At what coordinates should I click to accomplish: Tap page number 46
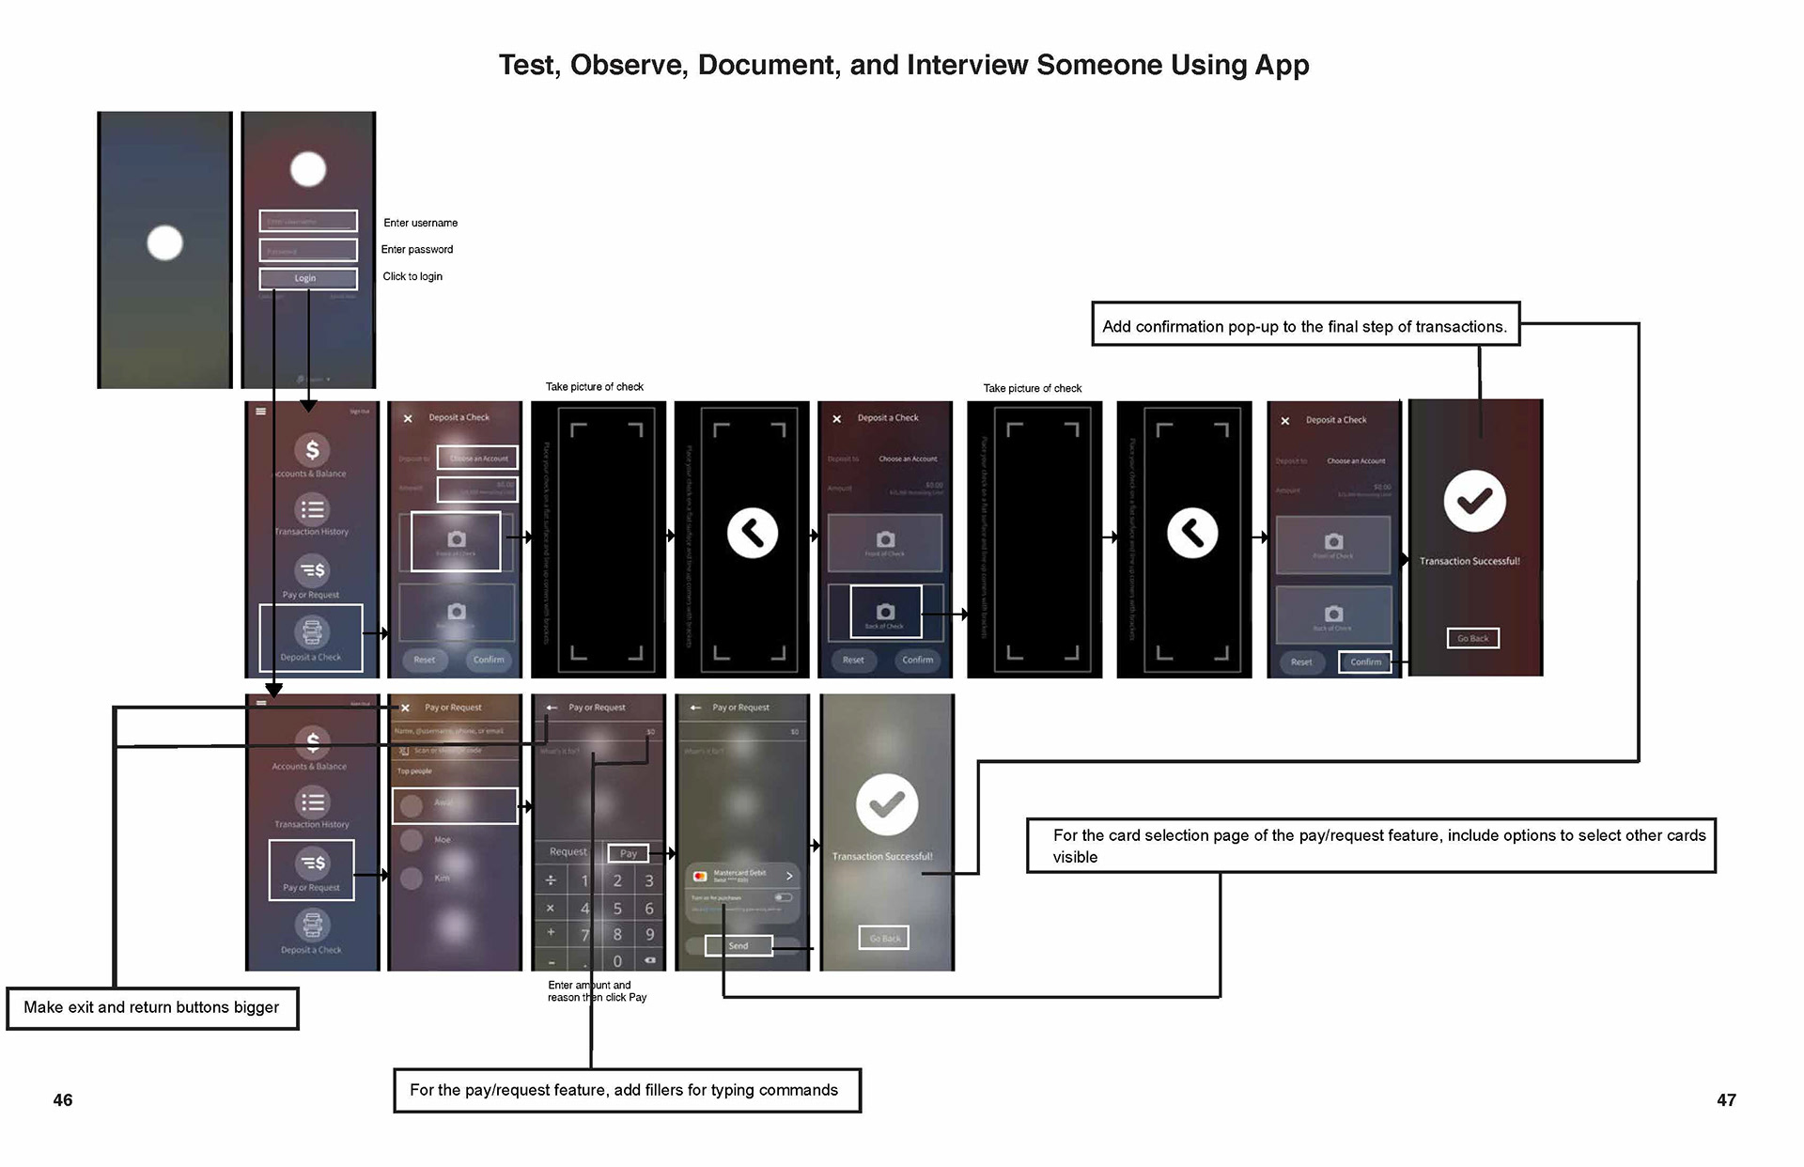click(62, 1099)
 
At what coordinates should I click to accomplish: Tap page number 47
click(1726, 1099)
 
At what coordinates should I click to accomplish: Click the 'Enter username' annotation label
click(420, 223)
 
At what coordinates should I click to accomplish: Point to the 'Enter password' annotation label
click(416, 249)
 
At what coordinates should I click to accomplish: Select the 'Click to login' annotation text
click(412, 276)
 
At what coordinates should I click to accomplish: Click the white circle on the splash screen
click(164, 243)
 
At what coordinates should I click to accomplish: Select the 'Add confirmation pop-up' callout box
click(1304, 325)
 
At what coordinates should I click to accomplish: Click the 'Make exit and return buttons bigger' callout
click(151, 1007)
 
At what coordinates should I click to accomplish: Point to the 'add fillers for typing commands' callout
click(626, 1090)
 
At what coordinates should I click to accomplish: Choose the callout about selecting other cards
click(1370, 846)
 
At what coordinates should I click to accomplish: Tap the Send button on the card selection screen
click(739, 945)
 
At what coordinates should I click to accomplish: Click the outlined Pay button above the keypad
click(629, 853)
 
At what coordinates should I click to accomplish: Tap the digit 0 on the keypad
click(617, 960)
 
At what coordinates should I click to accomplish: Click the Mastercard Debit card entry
click(742, 876)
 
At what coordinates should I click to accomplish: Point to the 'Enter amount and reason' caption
click(597, 991)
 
